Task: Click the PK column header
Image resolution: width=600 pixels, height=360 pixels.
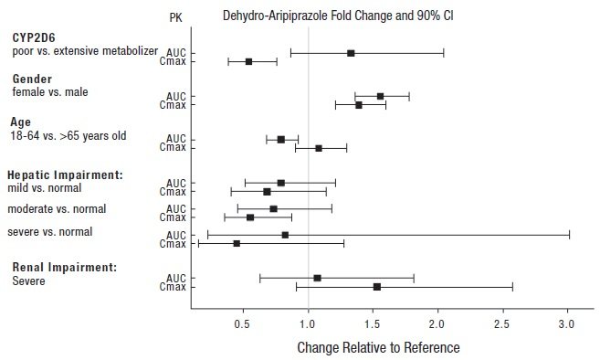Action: coord(176,17)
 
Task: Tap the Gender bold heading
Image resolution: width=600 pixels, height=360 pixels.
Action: coord(32,79)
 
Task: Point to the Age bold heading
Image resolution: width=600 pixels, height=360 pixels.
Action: coord(22,122)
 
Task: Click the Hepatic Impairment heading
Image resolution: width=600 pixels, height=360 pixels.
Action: coord(65,175)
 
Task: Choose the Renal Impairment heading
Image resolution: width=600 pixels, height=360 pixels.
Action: coord(63,268)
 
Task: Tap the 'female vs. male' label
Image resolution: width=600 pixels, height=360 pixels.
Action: coord(49,92)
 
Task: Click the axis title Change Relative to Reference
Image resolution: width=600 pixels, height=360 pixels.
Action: coord(378,347)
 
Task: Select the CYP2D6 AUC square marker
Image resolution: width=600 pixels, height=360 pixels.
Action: coord(351,53)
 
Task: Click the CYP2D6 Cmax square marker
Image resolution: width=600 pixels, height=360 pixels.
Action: coord(248,61)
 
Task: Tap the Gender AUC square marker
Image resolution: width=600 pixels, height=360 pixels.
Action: coord(380,96)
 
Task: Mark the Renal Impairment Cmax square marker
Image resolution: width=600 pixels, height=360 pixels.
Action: coord(377,287)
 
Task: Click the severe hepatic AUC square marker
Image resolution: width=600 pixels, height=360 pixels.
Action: coord(285,235)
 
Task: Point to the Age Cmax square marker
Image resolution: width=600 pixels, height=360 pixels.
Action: coord(319,148)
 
